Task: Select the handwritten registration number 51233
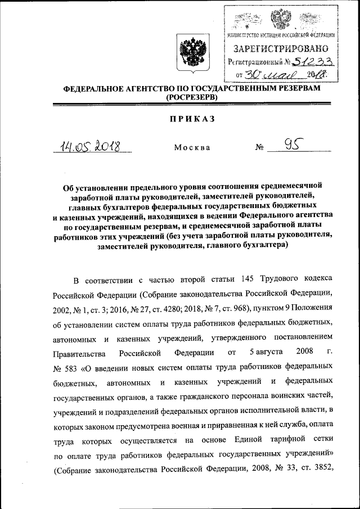tap(316, 62)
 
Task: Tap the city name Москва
tap(192, 147)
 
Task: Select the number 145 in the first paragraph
tap(250, 280)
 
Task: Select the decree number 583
tap(72, 367)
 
